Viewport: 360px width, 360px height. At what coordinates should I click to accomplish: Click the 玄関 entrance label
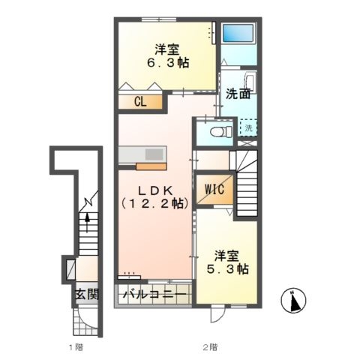[x=86, y=294]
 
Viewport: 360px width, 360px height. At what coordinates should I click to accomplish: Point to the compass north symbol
[x=294, y=301]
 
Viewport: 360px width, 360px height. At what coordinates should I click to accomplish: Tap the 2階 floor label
[x=209, y=346]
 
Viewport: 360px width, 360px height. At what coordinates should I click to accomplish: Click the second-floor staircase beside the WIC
[x=246, y=184]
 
